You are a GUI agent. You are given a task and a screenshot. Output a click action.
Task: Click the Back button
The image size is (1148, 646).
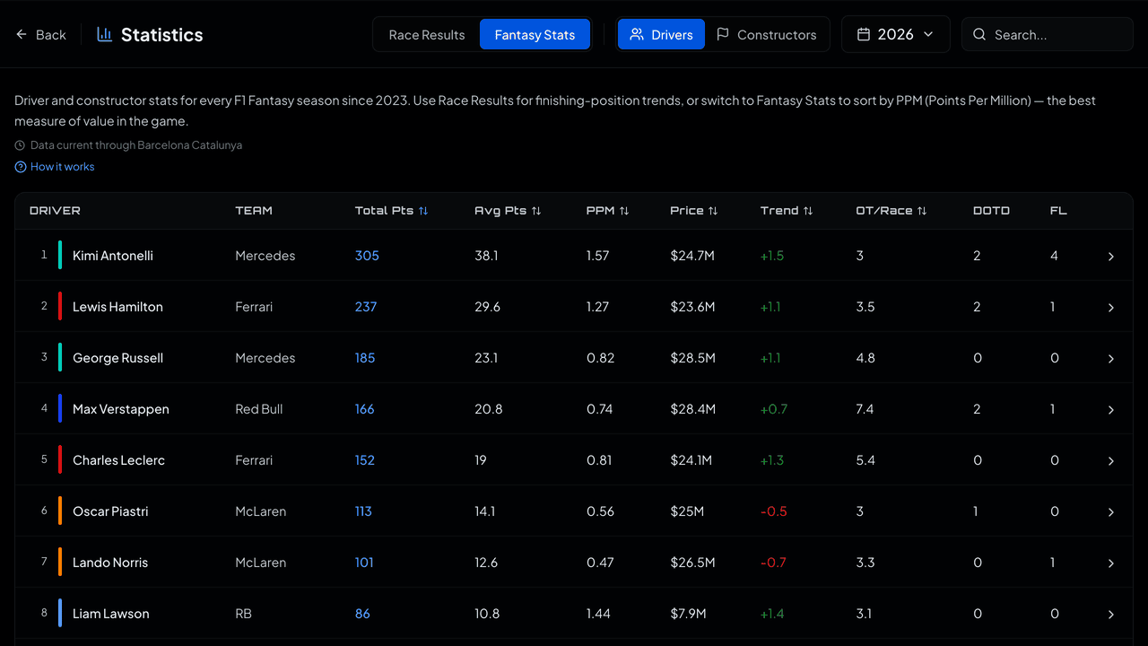pos(41,35)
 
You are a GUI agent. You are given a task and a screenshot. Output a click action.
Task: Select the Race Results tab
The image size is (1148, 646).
pos(426,35)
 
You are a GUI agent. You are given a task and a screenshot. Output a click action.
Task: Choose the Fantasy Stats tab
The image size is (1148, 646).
pos(535,35)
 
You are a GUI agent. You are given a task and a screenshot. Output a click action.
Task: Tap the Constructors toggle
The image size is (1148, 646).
pos(767,35)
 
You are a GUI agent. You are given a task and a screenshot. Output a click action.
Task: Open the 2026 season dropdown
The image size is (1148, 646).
pos(895,34)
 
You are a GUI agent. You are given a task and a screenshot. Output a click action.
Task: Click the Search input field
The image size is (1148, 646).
pos(1047,35)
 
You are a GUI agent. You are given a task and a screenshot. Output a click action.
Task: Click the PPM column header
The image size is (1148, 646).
pos(607,211)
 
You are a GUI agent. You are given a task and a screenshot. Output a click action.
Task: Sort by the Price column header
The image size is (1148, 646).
pos(693,211)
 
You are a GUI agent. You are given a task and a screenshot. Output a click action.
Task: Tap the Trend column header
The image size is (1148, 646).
pos(787,211)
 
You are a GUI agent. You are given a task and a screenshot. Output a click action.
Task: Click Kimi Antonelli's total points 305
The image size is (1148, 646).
pos(367,256)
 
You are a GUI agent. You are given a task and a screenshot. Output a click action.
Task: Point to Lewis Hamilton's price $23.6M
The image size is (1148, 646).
pos(692,307)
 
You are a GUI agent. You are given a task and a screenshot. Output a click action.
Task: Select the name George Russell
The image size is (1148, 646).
pos(117,358)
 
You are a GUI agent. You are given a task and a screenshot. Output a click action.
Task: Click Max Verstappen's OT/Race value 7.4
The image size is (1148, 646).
pos(865,409)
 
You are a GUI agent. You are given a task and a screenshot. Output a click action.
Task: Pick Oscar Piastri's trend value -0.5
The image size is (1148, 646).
pos(773,511)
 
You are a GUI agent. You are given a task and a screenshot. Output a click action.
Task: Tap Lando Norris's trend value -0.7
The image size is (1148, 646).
pos(773,563)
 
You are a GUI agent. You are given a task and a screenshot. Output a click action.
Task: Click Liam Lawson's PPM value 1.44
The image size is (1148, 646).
pos(598,614)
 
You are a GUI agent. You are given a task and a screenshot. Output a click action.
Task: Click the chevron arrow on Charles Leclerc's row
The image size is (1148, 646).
pos(1110,461)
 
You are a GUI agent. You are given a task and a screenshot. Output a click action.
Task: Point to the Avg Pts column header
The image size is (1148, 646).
pos(508,211)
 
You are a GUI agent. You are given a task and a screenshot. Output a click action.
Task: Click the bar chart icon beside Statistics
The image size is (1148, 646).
pos(105,34)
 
